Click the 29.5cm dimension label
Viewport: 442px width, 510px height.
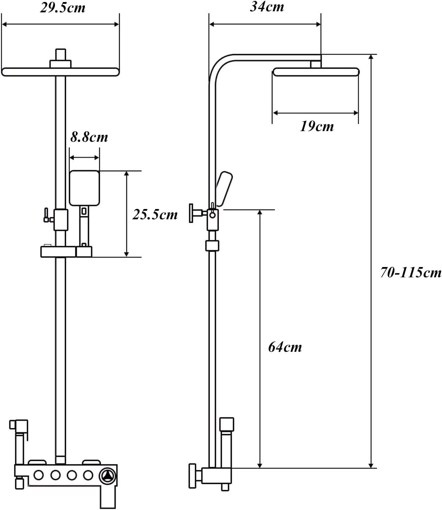(x=62, y=8)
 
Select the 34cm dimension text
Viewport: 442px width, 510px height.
(x=267, y=7)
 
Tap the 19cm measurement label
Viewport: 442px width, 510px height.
(x=316, y=126)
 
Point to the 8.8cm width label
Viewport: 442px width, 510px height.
(x=89, y=137)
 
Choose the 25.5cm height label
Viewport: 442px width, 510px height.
(x=155, y=215)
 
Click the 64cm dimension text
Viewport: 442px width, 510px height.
(x=285, y=347)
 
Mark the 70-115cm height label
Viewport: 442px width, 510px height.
(x=410, y=273)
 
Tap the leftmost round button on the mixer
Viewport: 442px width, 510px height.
(x=38, y=475)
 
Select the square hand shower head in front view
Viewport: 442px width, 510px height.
(x=84, y=188)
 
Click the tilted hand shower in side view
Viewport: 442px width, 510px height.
(x=224, y=189)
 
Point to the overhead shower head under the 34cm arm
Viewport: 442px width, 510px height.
(x=316, y=72)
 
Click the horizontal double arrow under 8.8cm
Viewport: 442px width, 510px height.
(x=84, y=158)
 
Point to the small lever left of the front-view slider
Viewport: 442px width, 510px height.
(x=46, y=215)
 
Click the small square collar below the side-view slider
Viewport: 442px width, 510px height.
(x=212, y=246)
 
